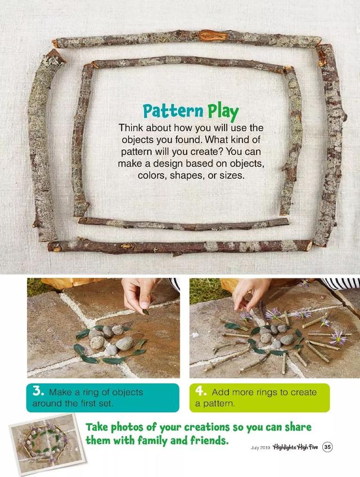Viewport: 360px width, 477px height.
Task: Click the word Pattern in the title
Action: pyautogui.click(x=173, y=111)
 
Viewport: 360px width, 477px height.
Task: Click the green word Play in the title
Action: pyautogui.click(x=223, y=112)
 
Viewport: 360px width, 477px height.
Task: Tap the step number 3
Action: pyautogui.click(x=38, y=391)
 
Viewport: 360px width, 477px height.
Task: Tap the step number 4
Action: pyautogui.click(x=201, y=391)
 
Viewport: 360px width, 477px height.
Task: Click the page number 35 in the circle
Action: pyautogui.click(x=327, y=447)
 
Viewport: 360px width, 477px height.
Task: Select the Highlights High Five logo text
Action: pyautogui.click(x=295, y=447)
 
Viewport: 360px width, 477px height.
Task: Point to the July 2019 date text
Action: pyautogui.click(x=260, y=448)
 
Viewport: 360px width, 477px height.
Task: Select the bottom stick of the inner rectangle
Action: pyautogui.click(x=183, y=224)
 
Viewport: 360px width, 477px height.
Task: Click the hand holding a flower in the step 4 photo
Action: pyautogui.click(x=250, y=294)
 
